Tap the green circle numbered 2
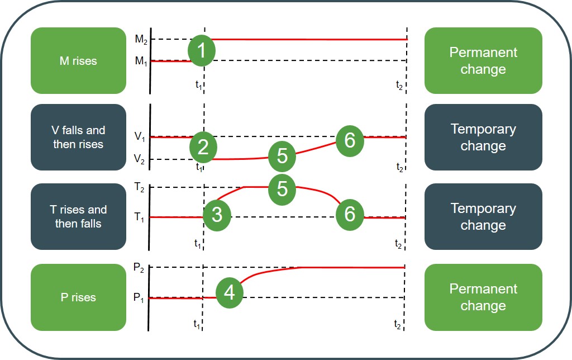(x=203, y=147)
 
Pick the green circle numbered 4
(x=229, y=292)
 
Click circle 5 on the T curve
(x=282, y=188)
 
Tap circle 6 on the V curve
(x=350, y=140)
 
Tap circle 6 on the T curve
(x=350, y=214)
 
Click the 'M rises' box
(x=78, y=61)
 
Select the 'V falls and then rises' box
(x=78, y=138)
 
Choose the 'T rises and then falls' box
(x=78, y=217)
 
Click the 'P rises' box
(x=78, y=297)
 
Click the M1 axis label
(x=140, y=61)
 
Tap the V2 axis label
(x=140, y=160)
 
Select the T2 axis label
(x=140, y=187)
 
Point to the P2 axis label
(x=140, y=268)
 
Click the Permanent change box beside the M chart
(x=483, y=61)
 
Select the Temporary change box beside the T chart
(x=483, y=217)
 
